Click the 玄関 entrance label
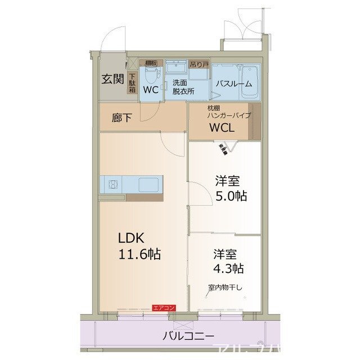point(112,79)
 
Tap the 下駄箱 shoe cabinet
point(132,83)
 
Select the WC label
point(150,89)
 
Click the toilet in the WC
point(151,74)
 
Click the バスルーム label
point(231,84)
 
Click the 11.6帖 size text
point(139,254)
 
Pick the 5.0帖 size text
point(231,196)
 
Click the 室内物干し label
point(225,287)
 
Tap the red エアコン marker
point(164,307)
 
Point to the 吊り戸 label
point(199,65)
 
